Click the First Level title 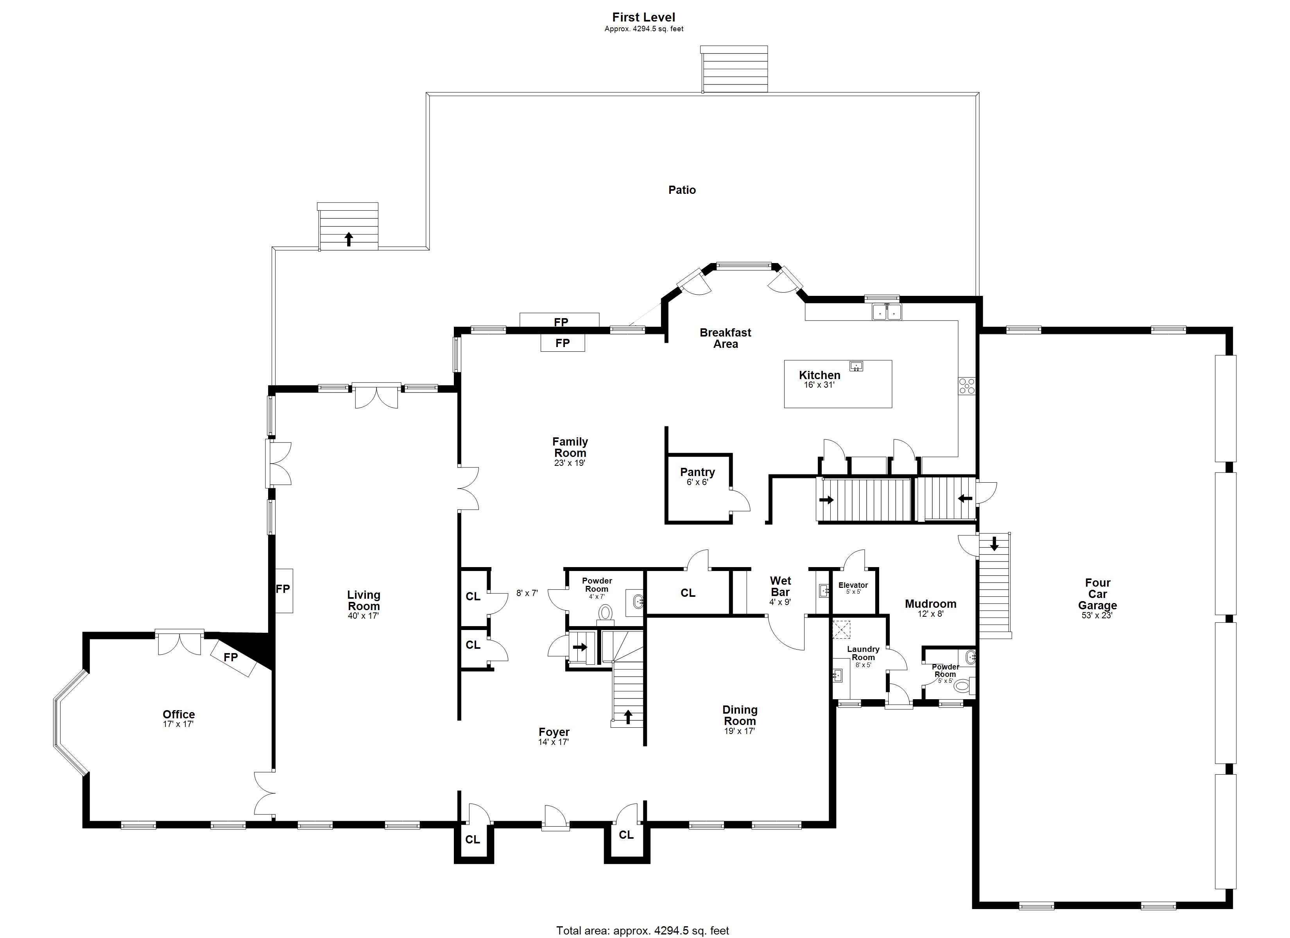coord(643,18)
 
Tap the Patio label coord(681,190)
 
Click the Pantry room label coord(697,476)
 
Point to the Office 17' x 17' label coord(179,718)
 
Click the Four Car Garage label coord(1097,597)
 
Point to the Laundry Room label coord(863,653)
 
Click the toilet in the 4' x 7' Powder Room coord(605,612)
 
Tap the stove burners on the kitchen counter coord(966,386)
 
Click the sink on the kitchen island coord(856,366)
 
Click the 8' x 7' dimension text coord(527,593)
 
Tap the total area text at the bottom coord(642,931)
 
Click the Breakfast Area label coord(725,338)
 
